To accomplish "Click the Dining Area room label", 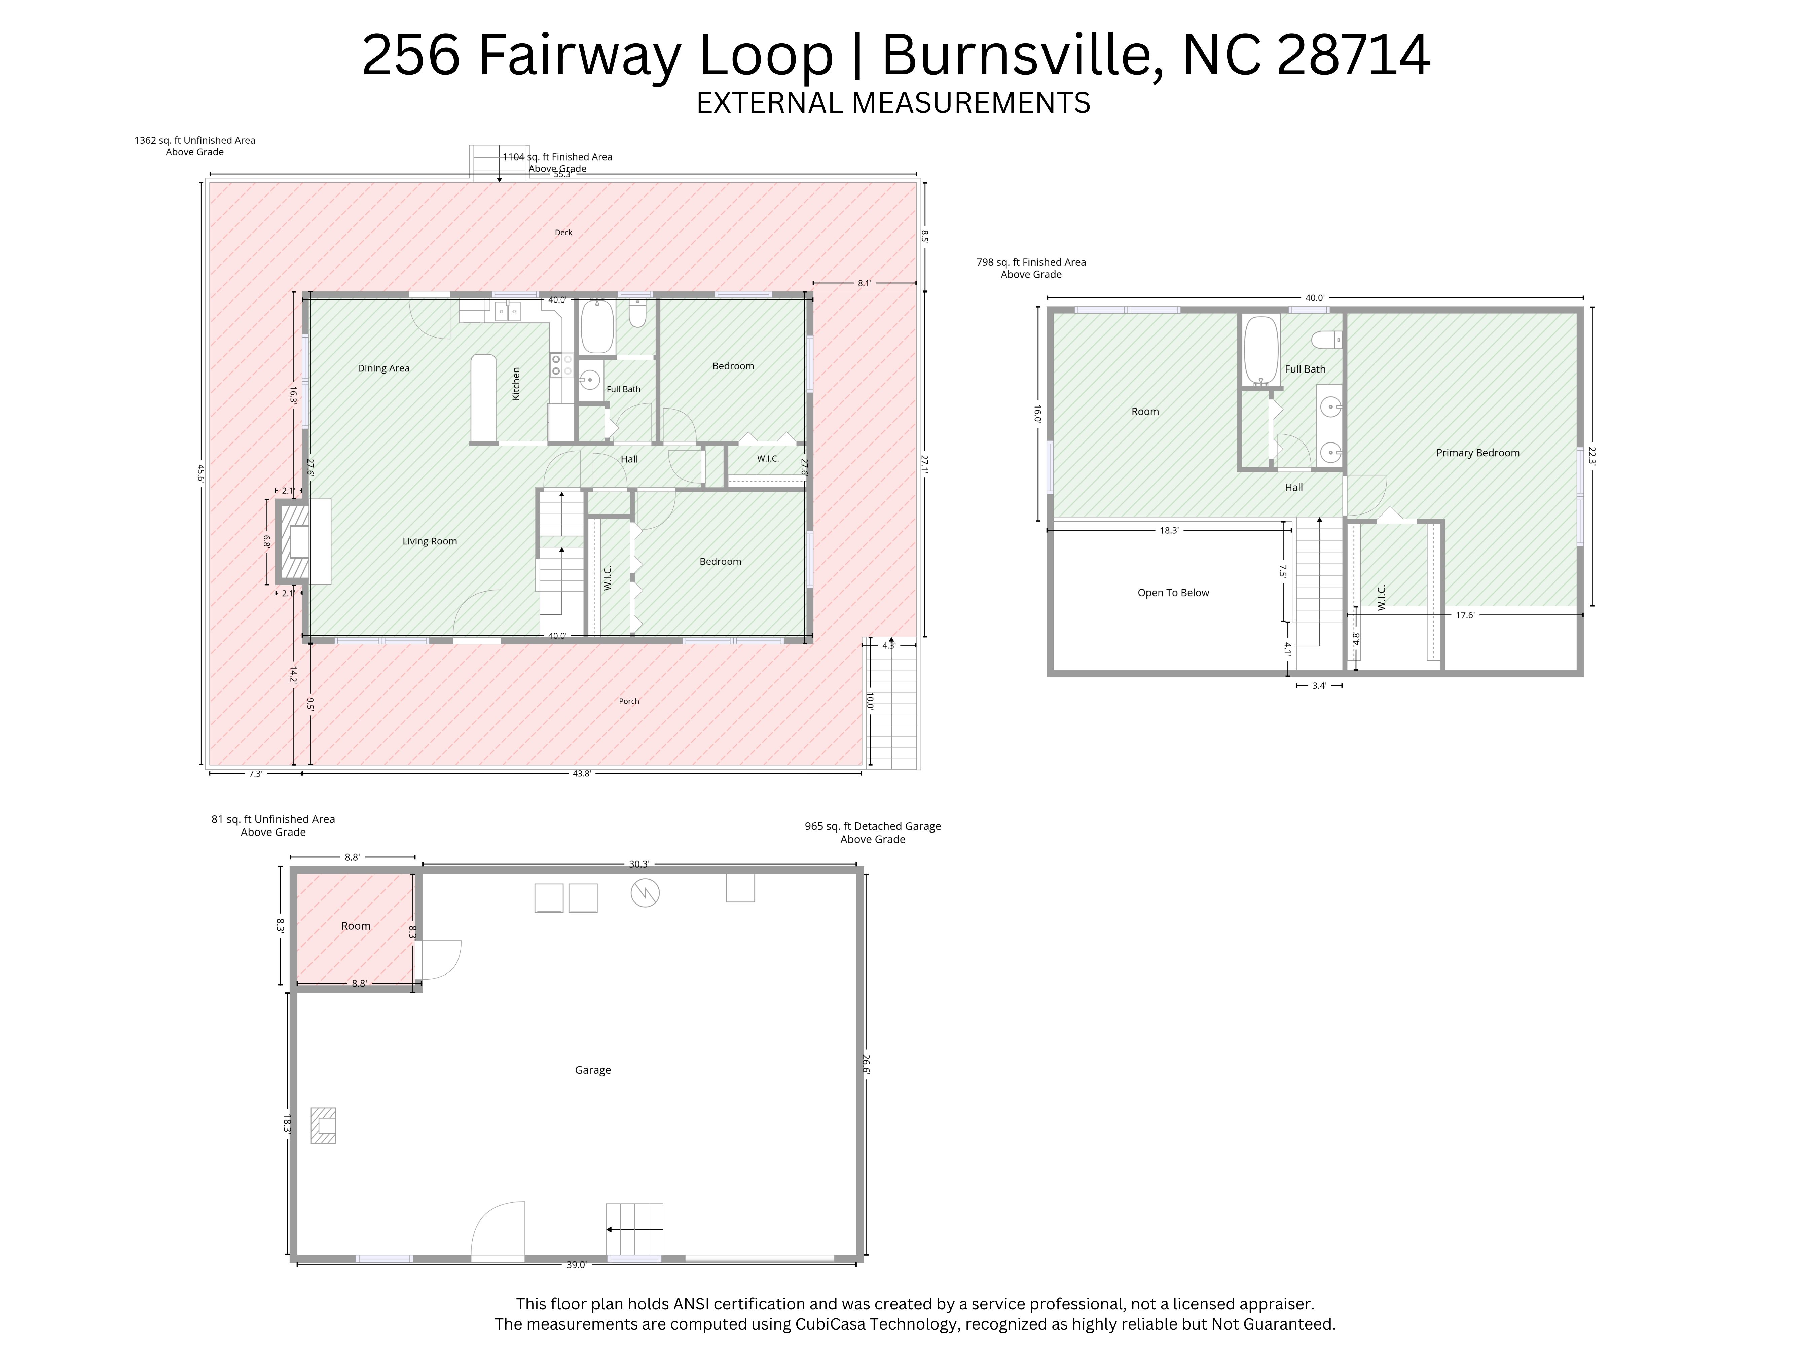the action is [x=383, y=368].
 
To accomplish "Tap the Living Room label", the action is [x=430, y=541].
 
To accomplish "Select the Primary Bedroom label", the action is [x=1478, y=453].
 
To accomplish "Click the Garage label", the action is [x=593, y=1070].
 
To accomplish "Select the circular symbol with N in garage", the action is [x=646, y=893].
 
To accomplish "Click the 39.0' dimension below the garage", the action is [x=576, y=1265].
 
